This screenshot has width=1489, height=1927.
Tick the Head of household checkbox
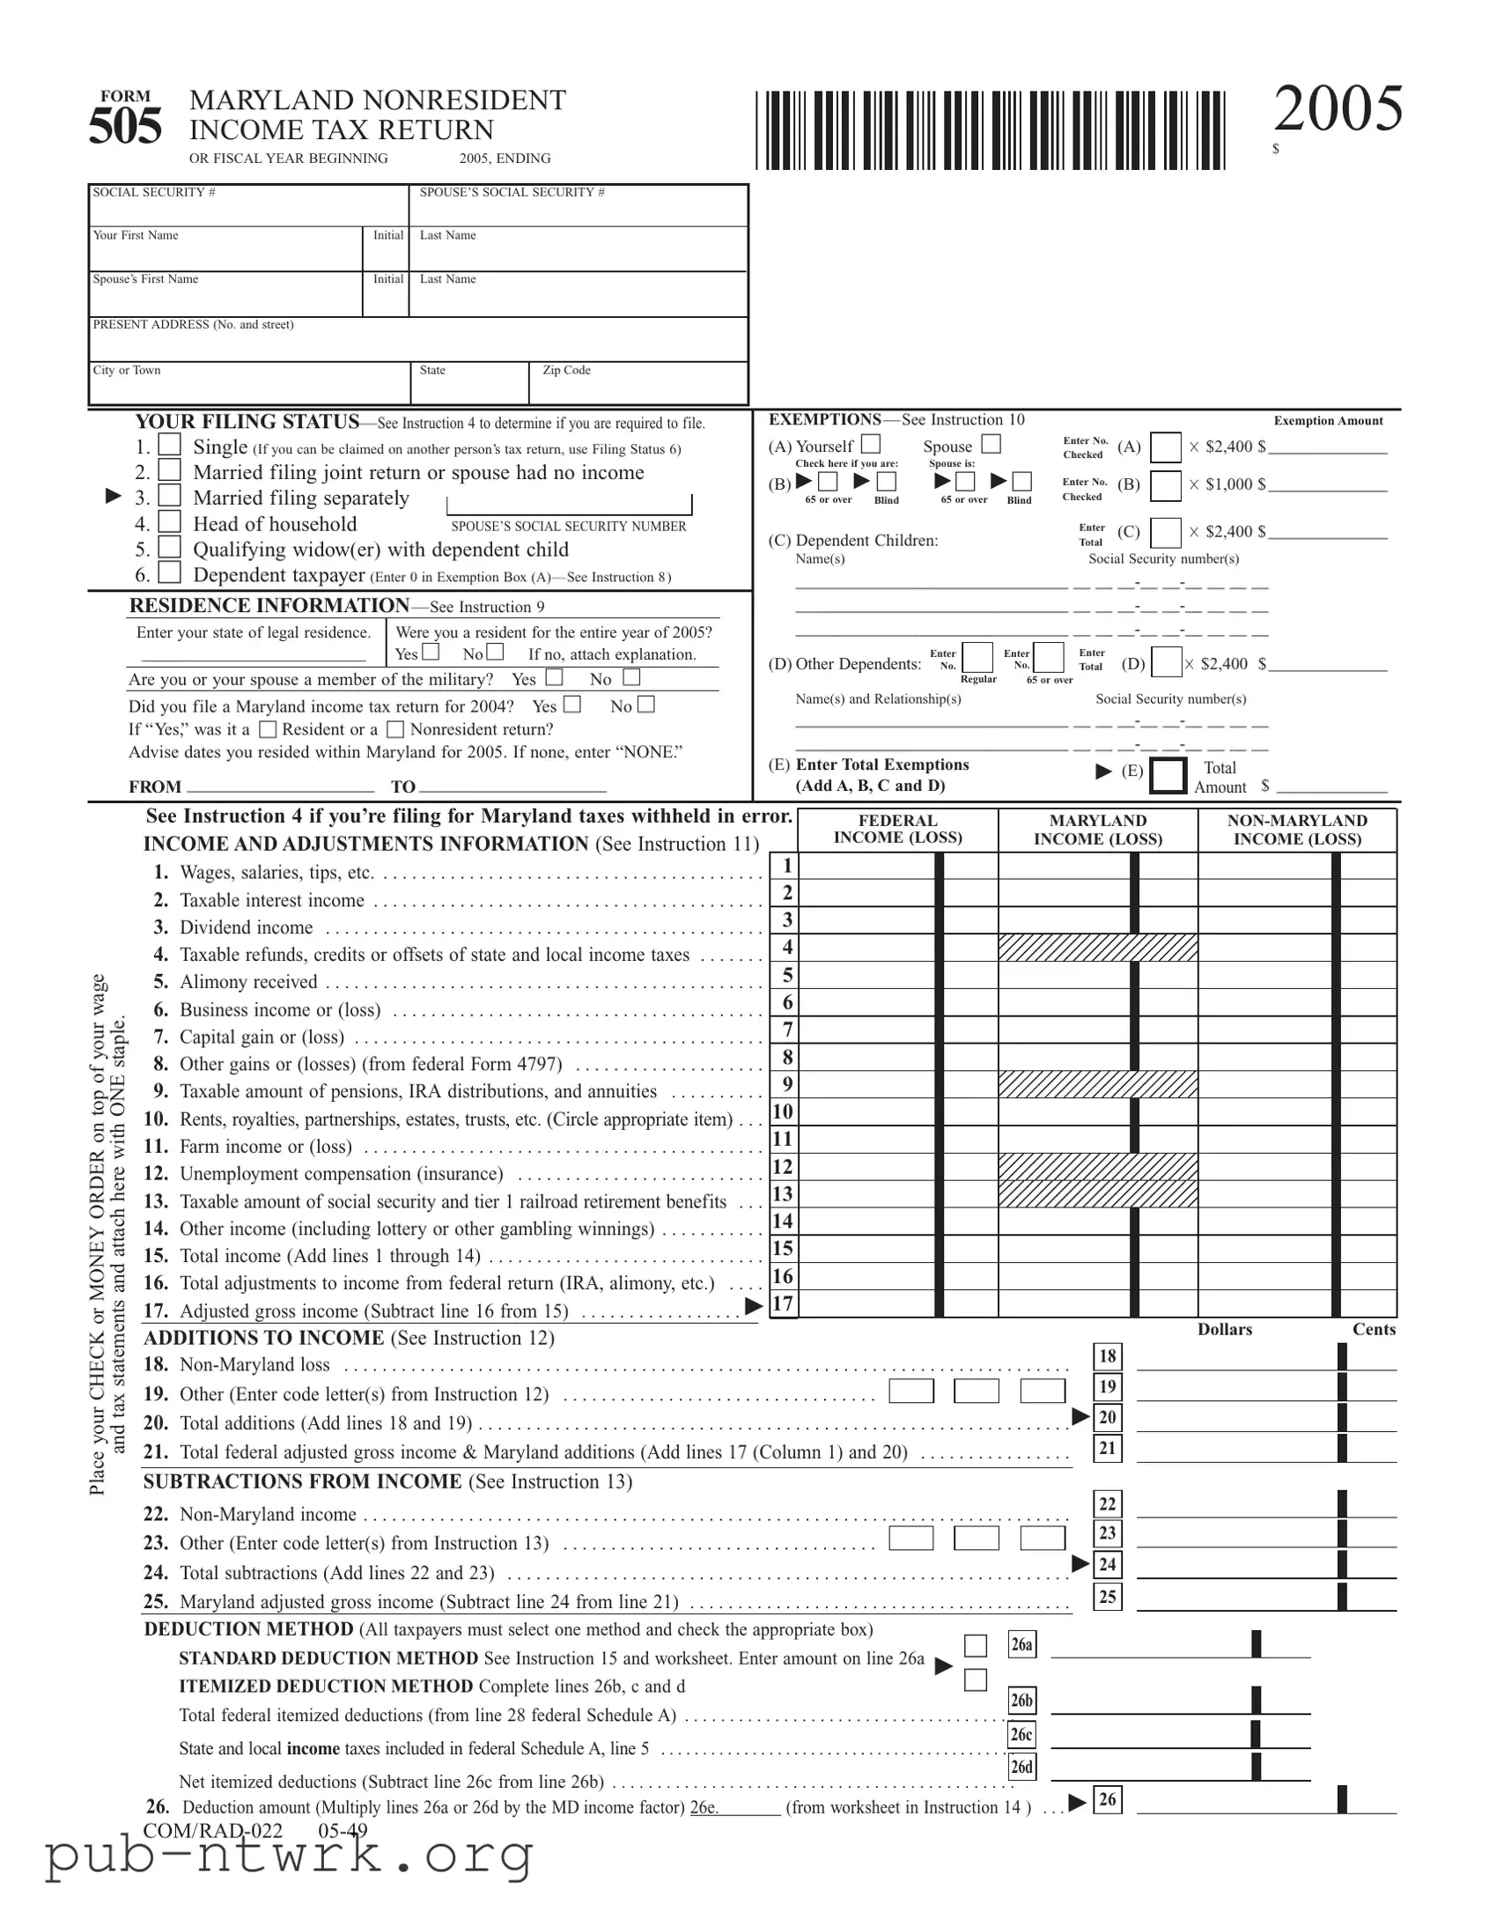[x=170, y=522]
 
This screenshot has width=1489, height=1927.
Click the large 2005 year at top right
[x=1338, y=109]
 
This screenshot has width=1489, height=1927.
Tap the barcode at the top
[x=990, y=130]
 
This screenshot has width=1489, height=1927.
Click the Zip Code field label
[x=566, y=371]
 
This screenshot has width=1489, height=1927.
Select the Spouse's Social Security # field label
[x=512, y=192]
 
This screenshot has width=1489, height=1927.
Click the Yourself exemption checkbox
[x=871, y=444]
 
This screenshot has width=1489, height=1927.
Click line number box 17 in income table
[x=784, y=1303]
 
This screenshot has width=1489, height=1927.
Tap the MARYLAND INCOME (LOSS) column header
[x=1097, y=830]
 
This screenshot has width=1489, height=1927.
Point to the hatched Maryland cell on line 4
[x=1097, y=948]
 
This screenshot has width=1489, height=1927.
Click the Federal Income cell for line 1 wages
[x=866, y=866]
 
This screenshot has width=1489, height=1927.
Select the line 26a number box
[x=1021, y=1644]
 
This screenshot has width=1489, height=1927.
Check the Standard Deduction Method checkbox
[x=975, y=1645]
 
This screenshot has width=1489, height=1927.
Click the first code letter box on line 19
[x=910, y=1392]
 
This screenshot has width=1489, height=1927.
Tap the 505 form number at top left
[x=124, y=126]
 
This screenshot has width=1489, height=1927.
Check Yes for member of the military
[x=554, y=677]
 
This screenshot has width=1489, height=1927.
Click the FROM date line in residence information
[x=281, y=786]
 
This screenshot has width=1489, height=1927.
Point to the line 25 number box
[x=1107, y=1596]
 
